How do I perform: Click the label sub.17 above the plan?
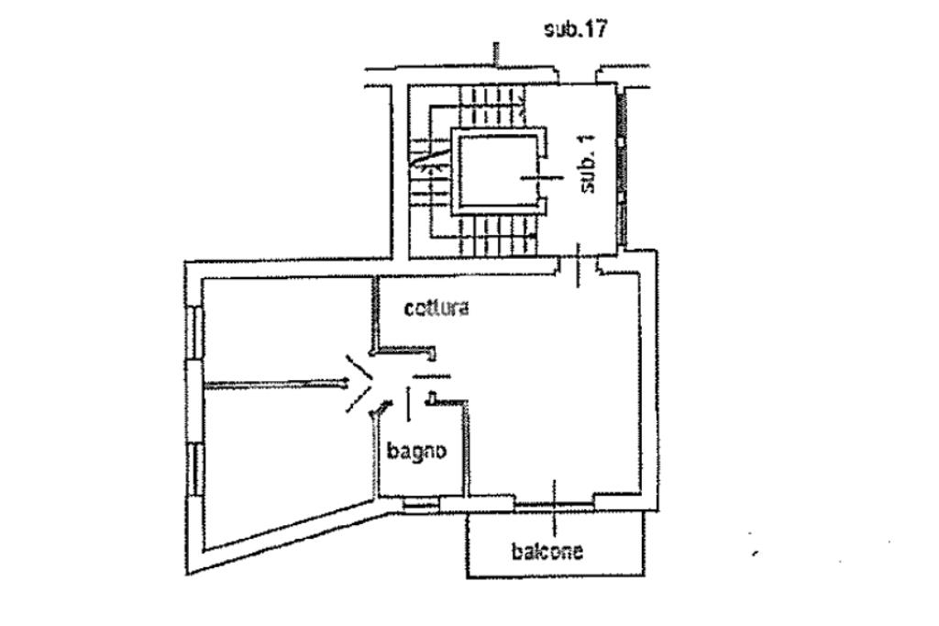point(576,29)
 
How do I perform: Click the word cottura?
point(437,308)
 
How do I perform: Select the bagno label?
point(416,451)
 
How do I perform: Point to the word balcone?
point(547,551)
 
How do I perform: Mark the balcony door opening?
point(555,501)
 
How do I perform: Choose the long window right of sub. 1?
point(624,170)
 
